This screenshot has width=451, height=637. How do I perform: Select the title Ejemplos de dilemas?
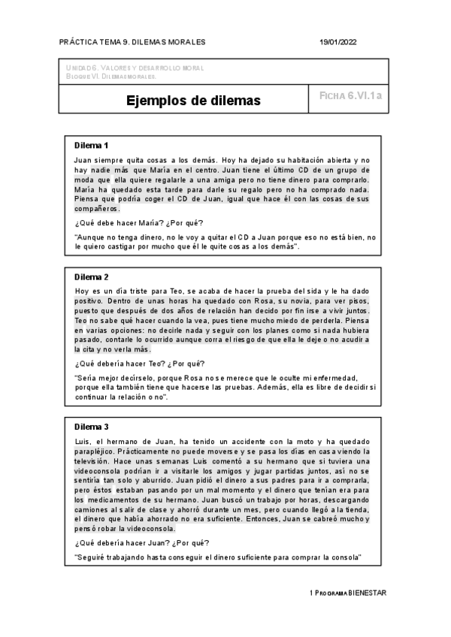(193, 100)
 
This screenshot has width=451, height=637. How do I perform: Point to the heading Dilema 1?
(92, 145)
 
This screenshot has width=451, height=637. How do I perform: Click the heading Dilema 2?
(92, 277)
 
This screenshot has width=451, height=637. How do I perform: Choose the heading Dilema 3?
(92, 427)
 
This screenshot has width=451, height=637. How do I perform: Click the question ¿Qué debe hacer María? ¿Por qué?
(138, 224)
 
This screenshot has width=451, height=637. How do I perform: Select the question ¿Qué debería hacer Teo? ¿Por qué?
(141, 364)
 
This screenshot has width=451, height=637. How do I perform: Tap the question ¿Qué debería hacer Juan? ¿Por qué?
(142, 542)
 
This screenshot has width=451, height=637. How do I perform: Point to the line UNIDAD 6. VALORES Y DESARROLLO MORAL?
(135, 68)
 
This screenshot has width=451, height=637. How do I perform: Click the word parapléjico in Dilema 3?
(95, 451)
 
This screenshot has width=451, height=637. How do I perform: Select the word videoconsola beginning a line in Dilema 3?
(98, 475)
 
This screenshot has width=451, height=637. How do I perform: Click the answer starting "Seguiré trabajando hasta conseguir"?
(218, 557)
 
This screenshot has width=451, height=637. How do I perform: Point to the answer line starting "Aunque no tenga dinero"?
(225, 237)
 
